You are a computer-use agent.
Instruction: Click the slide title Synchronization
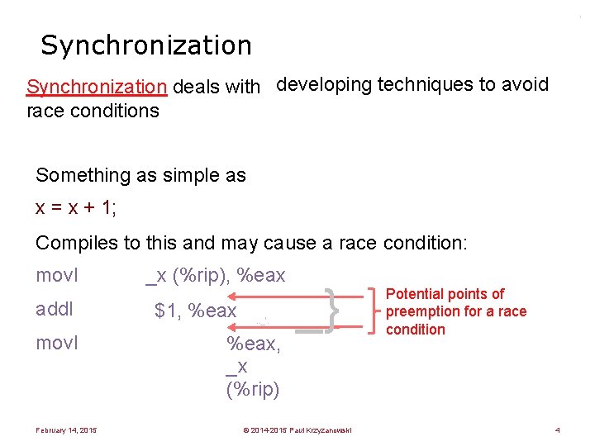point(145,45)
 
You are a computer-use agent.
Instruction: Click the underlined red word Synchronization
point(97,87)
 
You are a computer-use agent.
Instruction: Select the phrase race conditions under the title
point(93,110)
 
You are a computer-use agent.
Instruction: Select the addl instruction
point(55,309)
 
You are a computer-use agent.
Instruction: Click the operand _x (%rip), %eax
point(215,276)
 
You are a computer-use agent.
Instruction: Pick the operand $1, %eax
point(196,311)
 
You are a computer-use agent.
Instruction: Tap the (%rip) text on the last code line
point(253,389)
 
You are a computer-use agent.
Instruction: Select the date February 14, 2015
point(66,429)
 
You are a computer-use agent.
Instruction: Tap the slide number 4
point(558,429)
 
